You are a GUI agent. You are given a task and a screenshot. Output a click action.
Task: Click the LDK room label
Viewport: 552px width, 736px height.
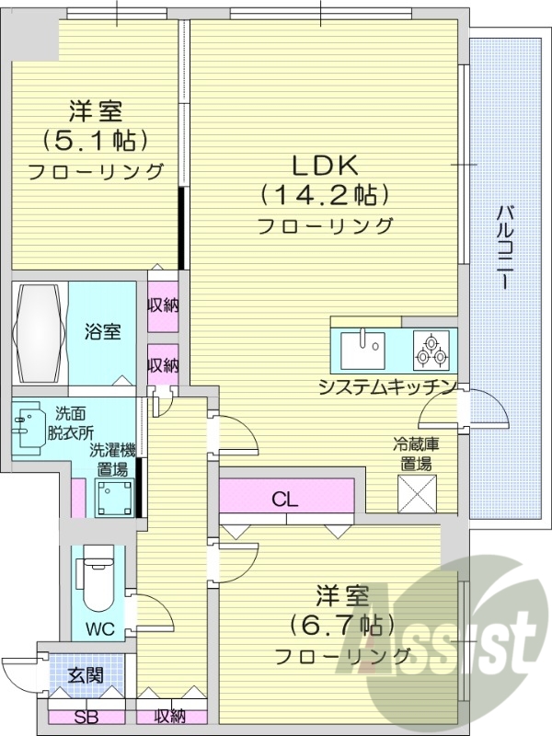tap(324, 166)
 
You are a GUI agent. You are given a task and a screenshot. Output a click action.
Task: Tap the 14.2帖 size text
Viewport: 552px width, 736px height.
tap(324, 195)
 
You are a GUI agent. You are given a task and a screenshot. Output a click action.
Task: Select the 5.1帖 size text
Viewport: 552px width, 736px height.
tap(95, 141)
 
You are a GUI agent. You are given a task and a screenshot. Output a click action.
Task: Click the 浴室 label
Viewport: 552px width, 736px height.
tap(103, 332)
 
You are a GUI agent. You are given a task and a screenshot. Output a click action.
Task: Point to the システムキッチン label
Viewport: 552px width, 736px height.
tap(387, 385)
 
